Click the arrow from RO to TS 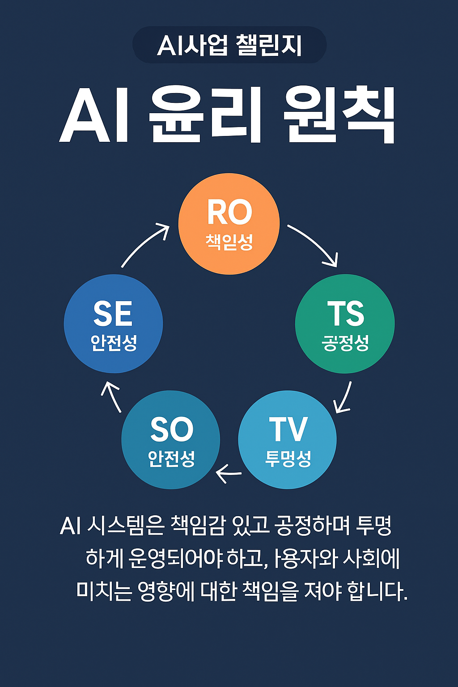click(x=314, y=244)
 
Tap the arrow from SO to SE click(x=111, y=396)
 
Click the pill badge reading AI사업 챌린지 click(x=229, y=45)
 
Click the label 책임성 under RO click(x=229, y=242)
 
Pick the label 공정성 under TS click(x=345, y=343)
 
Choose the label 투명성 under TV click(x=288, y=458)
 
